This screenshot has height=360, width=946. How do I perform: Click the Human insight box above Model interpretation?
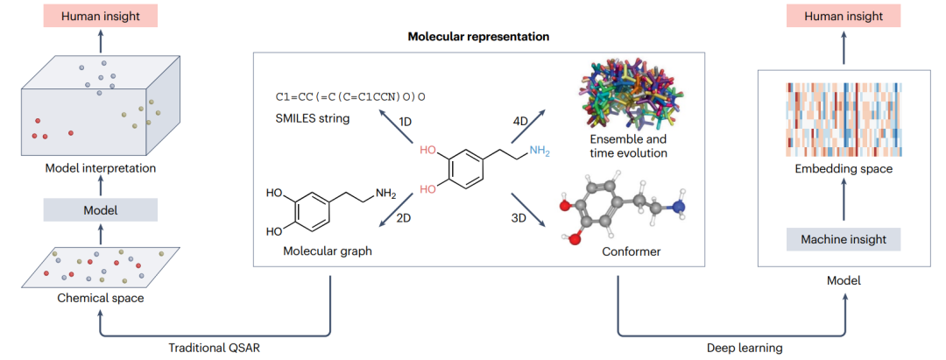pyautogui.click(x=101, y=17)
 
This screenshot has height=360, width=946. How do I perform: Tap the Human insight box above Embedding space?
pyautogui.click(x=844, y=17)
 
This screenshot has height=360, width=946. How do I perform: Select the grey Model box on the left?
pyautogui.click(x=101, y=210)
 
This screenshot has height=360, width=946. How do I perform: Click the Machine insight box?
pyautogui.click(x=844, y=240)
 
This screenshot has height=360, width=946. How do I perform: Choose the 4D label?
pyautogui.click(x=519, y=121)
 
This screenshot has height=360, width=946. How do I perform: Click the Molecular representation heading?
pyautogui.click(x=478, y=36)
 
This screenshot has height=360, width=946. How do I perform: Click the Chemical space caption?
pyautogui.click(x=101, y=297)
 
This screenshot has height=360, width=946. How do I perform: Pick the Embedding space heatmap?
pyautogui.click(x=844, y=119)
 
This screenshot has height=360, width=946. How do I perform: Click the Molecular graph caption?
pyautogui.click(x=328, y=251)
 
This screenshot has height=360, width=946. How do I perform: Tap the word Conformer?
pyautogui.click(x=631, y=251)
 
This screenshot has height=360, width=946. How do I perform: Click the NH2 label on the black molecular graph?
pyautogui.click(x=385, y=194)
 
